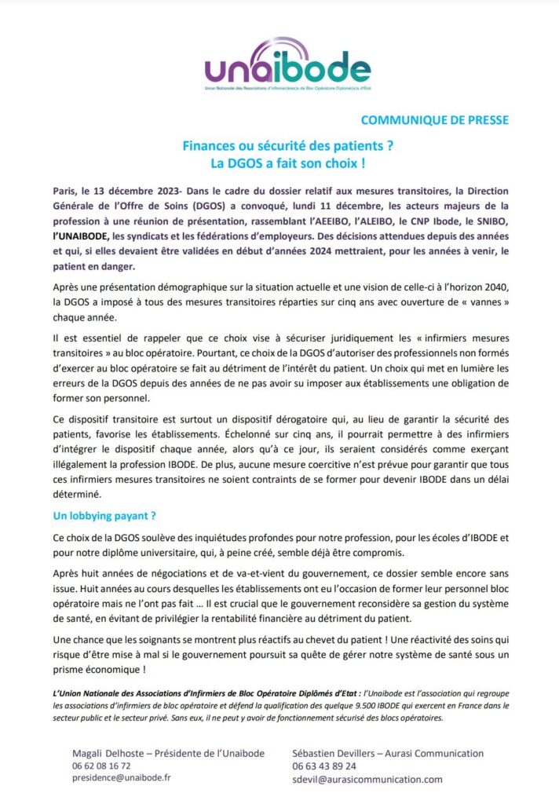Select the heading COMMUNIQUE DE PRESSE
tap(434, 120)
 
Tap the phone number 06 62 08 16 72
tap(101, 766)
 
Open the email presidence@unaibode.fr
tap(122, 778)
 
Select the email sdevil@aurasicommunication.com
tap(367, 779)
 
